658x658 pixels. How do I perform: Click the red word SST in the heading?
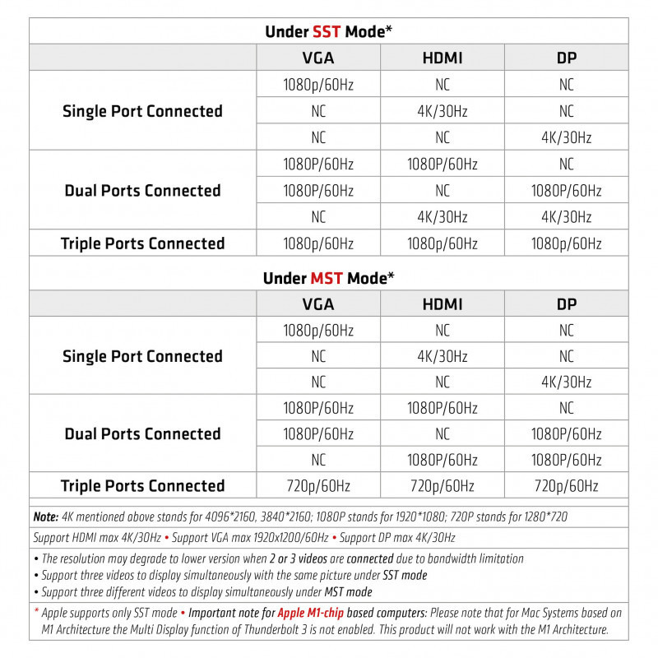(x=327, y=32)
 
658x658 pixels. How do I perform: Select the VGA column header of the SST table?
(x=318, y=58)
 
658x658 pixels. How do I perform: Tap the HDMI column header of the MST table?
(x=443, y=304)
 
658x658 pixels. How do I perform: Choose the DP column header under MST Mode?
(x=566, y=304)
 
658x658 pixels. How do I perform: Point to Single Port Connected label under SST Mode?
(x=142, y=111)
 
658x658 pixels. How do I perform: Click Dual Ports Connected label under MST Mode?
(x=142, y=433)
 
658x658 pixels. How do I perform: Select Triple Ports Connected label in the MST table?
(x=142, y=486)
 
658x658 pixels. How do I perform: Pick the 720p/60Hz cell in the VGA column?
(x=318, y=486)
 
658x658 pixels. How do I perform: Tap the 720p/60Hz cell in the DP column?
(x=566, y=486)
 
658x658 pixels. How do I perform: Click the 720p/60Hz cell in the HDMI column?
(x=443, y=486)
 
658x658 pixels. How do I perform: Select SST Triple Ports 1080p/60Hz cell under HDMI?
(x=443, y=243)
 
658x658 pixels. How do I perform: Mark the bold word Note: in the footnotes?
(x=46, y=517)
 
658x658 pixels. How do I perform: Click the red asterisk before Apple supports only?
(x=36, y=613)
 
